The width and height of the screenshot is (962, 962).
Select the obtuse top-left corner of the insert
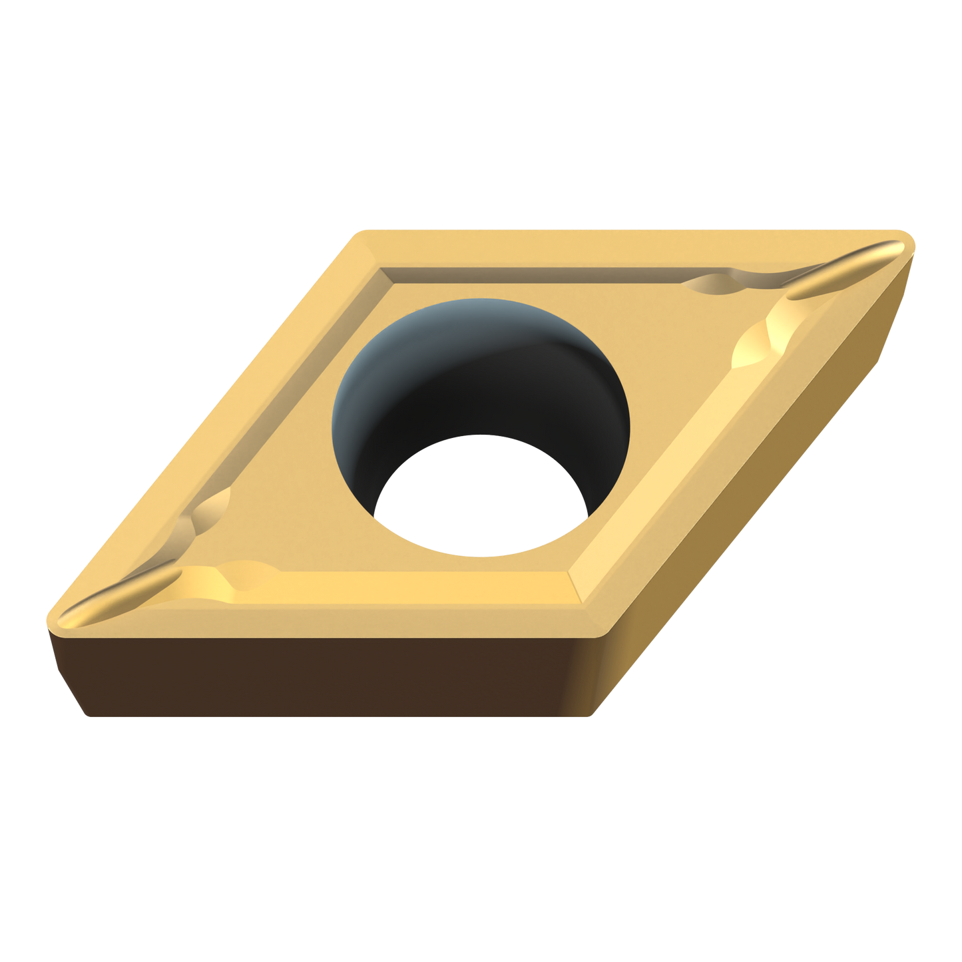(363, 233)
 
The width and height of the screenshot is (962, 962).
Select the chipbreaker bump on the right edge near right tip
(759, 340)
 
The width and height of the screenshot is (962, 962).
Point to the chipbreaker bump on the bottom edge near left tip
(246, 573)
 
